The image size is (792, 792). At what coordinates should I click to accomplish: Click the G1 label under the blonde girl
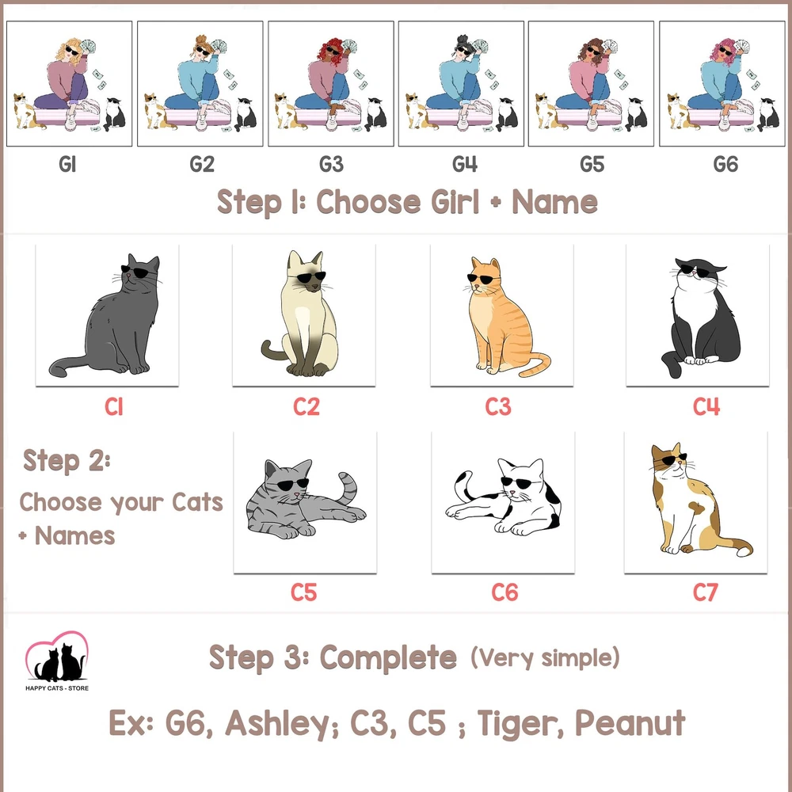67,164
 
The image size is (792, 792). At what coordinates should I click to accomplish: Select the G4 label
465,164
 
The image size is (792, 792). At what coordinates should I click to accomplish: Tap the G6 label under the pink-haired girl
725,164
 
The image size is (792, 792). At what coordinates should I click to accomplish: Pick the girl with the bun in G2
200,81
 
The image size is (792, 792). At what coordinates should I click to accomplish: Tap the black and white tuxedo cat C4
699,318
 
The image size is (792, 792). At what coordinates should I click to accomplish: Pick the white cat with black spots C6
504,497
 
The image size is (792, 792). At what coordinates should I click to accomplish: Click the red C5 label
303,592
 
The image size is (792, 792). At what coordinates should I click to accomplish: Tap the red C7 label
705,592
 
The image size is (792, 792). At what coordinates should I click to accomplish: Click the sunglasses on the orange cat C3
479,279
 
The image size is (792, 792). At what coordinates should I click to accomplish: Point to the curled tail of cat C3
535,364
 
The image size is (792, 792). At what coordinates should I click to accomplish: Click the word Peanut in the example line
630,723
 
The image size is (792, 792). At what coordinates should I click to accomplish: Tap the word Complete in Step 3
388,658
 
